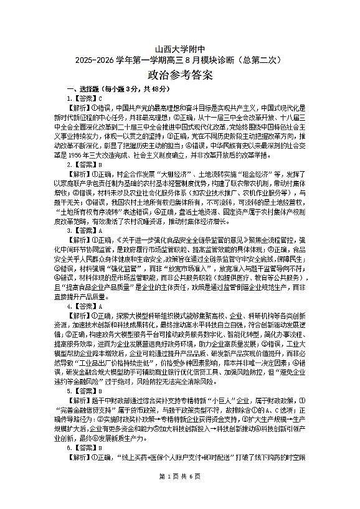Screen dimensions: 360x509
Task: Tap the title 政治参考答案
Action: tap(180, 76)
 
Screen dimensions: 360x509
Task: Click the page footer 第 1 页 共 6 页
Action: tap(180, 493)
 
